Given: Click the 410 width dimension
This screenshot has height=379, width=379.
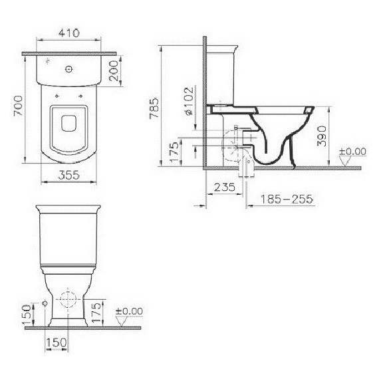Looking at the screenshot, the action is pos(69,33).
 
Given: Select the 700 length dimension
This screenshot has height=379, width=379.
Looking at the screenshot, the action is pos(19,106).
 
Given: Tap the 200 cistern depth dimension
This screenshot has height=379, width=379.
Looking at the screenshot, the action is pos(114,70).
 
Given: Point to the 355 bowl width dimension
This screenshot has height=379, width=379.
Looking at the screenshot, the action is pos(69,175).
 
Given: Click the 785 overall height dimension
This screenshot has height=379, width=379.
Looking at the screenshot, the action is pos(154,108).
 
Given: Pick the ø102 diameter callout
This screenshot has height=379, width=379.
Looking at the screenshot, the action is pos(189,101).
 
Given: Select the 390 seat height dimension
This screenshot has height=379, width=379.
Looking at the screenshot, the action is pos(322,136).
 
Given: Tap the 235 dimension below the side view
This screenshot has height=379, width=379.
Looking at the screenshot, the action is pos(225,188).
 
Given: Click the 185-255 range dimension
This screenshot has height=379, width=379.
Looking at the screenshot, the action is pos(287,199).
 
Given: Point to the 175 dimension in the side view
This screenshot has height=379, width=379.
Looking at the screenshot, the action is pos(174,152).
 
